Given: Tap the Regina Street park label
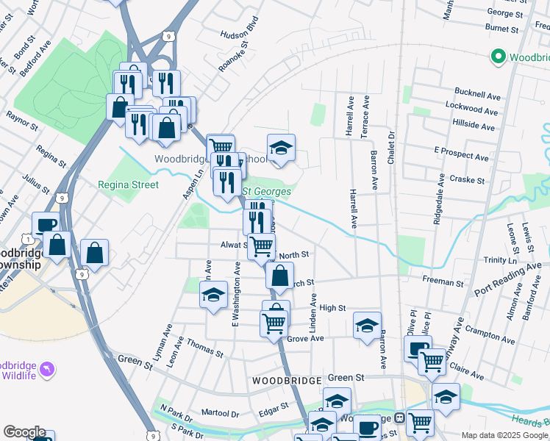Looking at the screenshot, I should click(x=128, y=184).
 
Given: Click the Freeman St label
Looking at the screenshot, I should click(x=443, y=282).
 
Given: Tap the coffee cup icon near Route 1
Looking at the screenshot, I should click(x=45, y=224).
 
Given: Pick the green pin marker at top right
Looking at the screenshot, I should click(x=498, y=56).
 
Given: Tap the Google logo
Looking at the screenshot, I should click(x=24, y=432).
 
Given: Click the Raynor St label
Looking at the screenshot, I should click(x=21, y=121).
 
